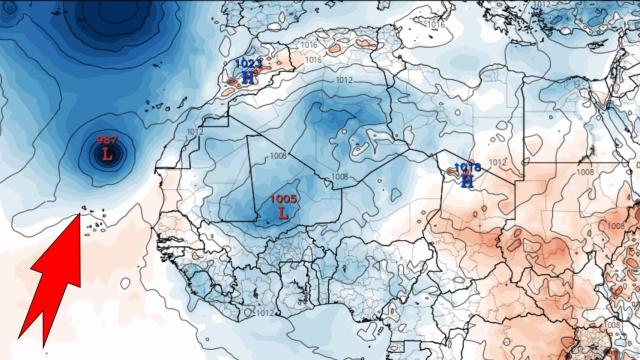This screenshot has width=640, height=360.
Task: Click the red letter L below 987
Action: point(107,154)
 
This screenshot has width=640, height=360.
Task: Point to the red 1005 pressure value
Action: point(283,199)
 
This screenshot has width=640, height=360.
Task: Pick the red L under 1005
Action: point(283,212)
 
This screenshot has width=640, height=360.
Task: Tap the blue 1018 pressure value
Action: point(467,168)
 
